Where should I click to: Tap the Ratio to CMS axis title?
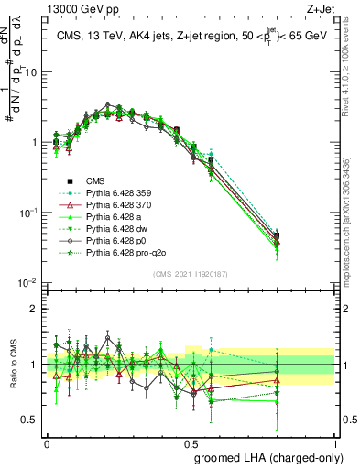click(x=12, y=365)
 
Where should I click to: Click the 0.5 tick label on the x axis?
click(x=191, y=441)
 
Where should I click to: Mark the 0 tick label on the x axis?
click(x=48, y=441)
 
